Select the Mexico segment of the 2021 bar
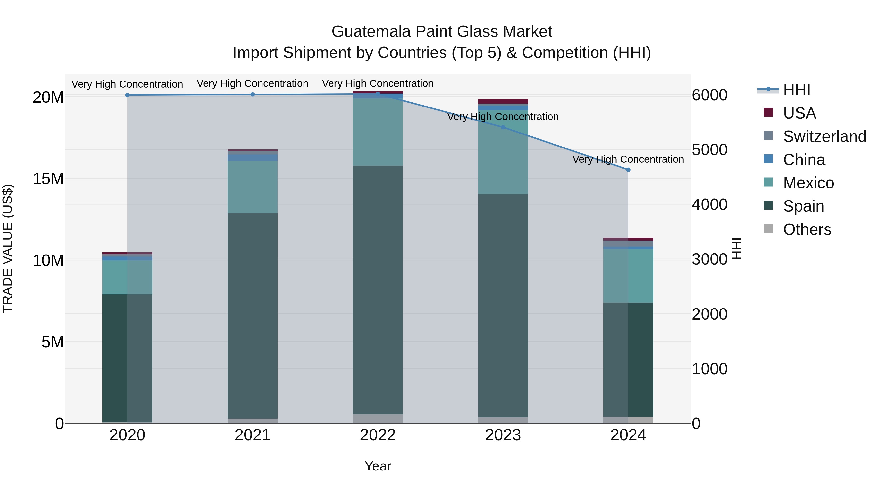click(253, 187)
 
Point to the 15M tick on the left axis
click(48, 179)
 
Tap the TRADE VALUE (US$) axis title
click(8, 248)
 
